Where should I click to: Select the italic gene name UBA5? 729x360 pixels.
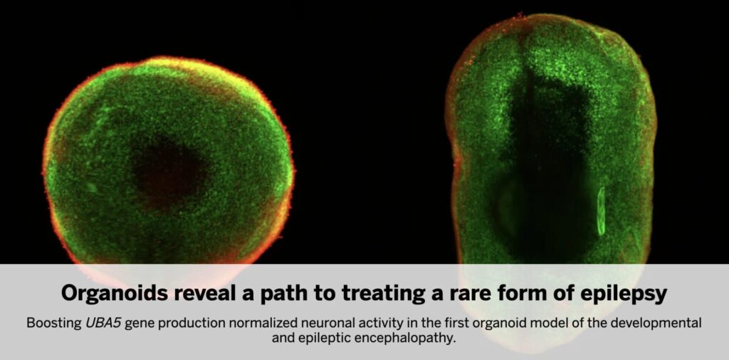coord(103,323)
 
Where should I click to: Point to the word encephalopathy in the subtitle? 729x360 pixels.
coord(403,339)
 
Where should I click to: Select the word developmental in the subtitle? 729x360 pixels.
coord(657,324)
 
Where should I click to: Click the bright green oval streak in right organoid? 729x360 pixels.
coord(601,211)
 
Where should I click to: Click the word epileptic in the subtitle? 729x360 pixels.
coord(327,339)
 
